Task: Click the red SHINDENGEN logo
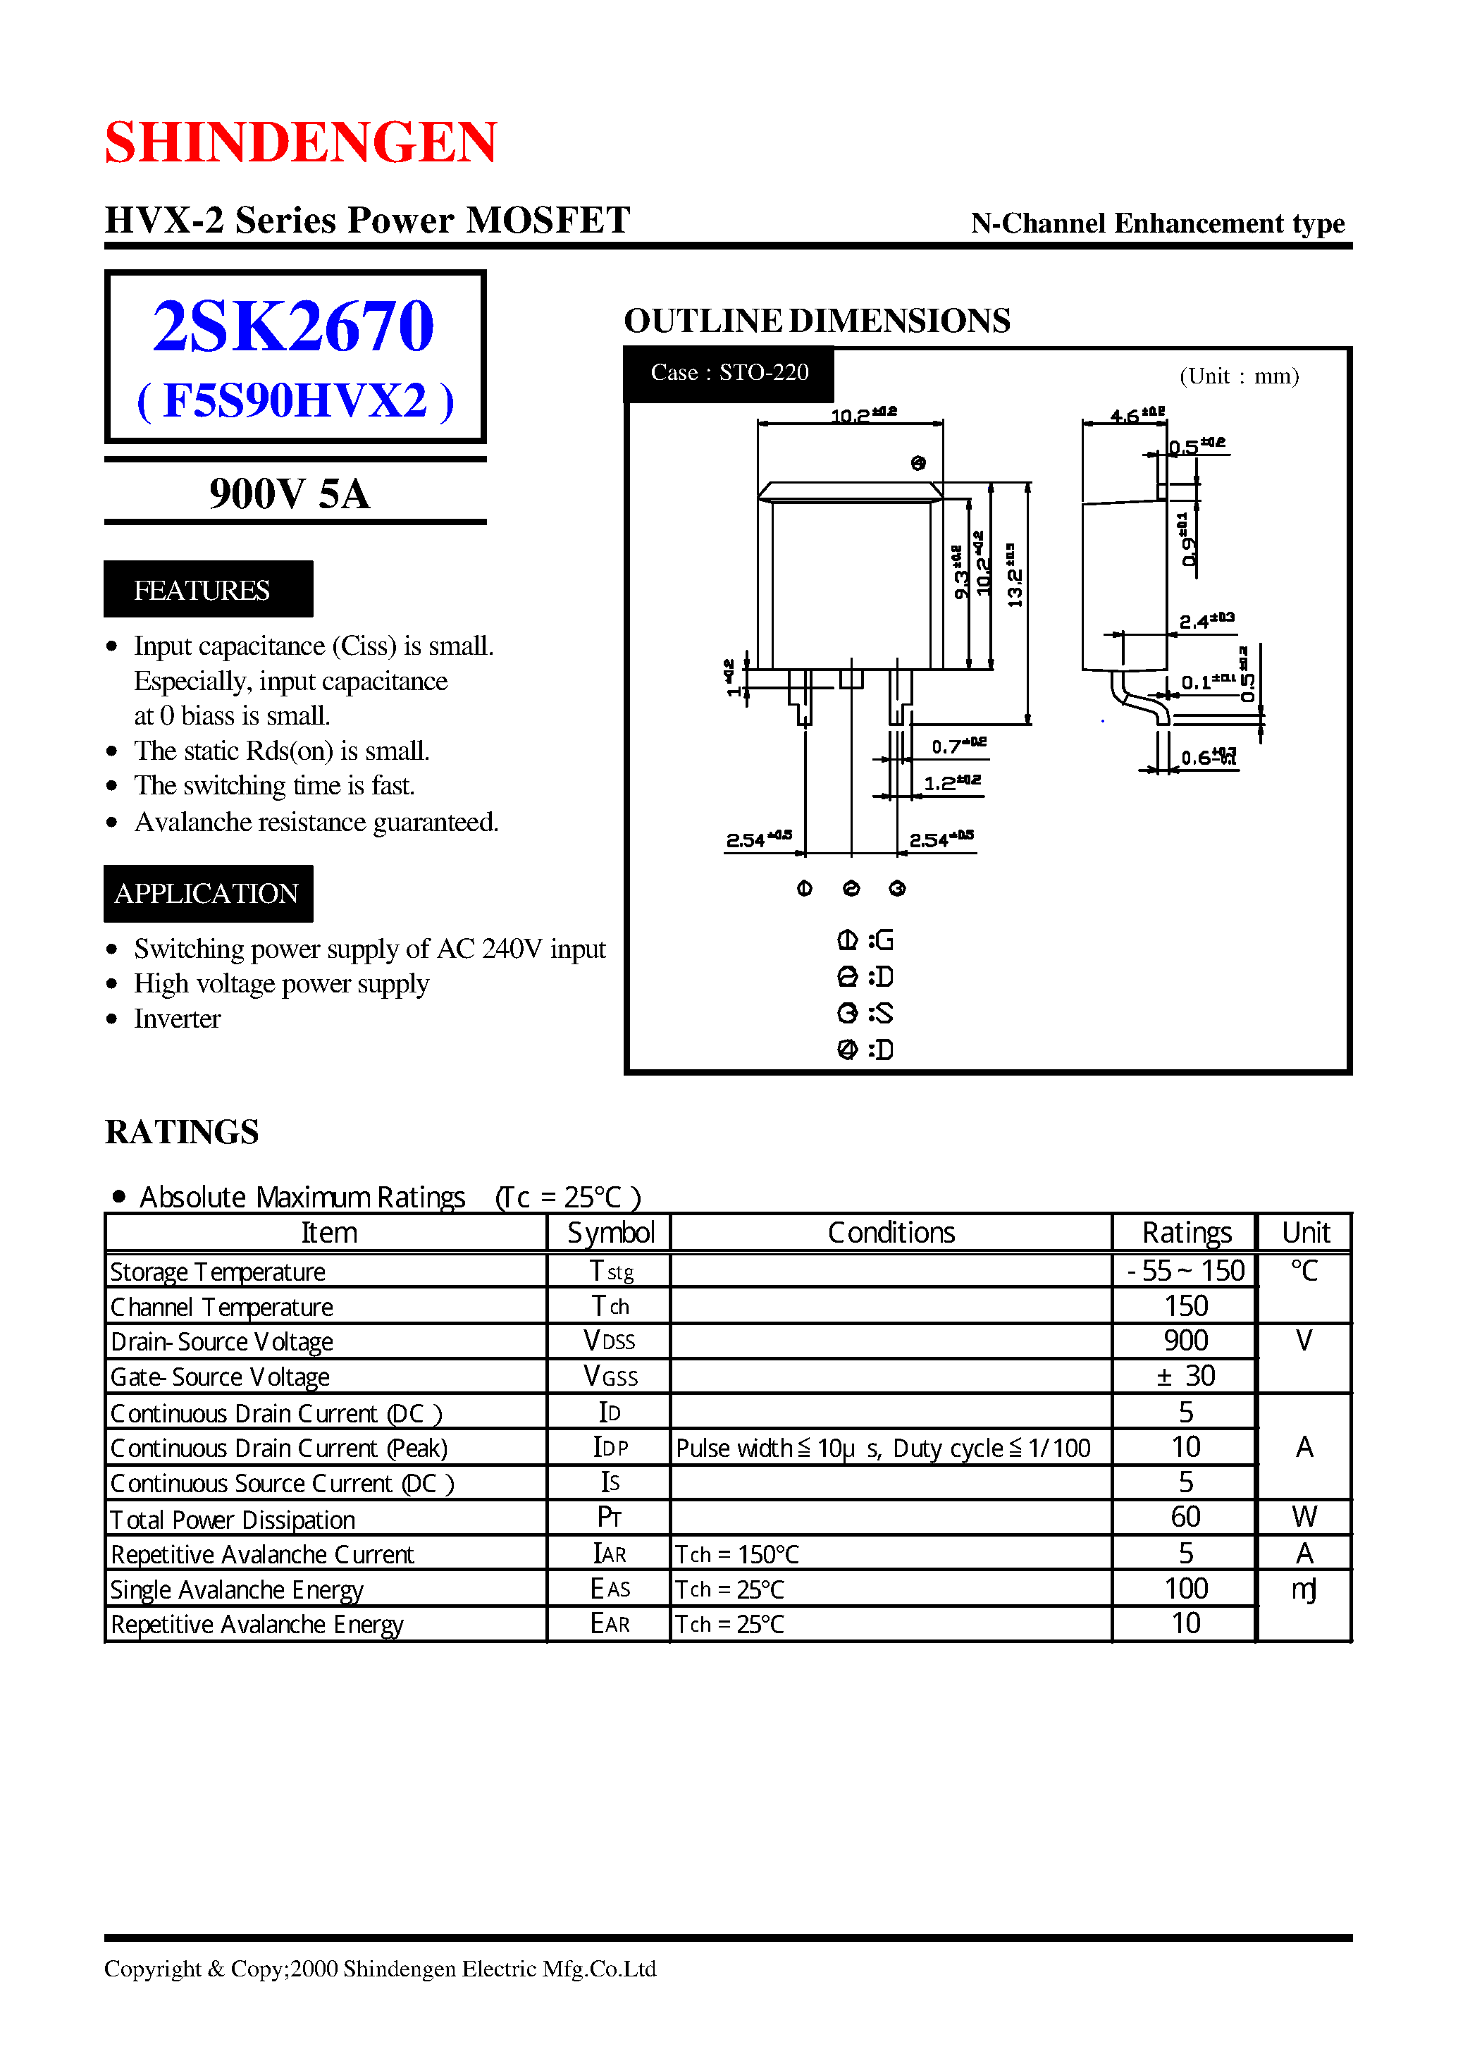point(301,142)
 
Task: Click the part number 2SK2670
point(294,325)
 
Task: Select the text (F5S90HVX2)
point(295,400)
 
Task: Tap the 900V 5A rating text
point(289,493)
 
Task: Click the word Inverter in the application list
point(177,1019)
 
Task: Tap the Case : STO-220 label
point(729,373)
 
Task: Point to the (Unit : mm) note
point(1239,376)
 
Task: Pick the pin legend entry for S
point(865,1013)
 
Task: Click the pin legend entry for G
point(865,940)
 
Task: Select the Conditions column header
point(891,1232)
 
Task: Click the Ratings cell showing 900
point(1185,1341)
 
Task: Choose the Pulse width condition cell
point(882,1448)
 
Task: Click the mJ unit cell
point(1304,1589)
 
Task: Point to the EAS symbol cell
point(610,1589)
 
